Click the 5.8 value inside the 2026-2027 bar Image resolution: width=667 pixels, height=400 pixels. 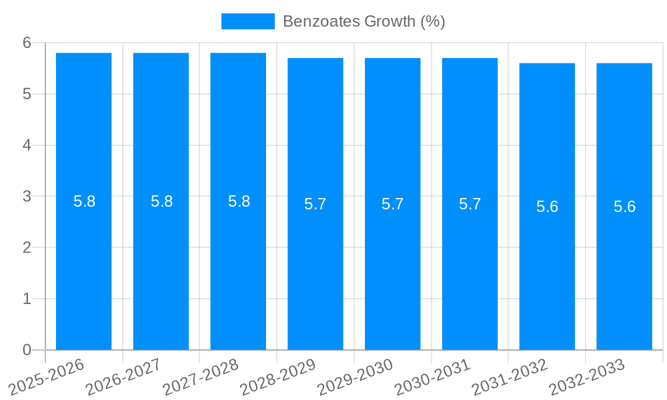click(x=161, y=201)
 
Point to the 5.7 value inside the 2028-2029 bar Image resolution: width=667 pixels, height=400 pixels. click(x=315, y=204)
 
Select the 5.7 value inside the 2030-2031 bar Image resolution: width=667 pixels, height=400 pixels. click(x=470, y=204)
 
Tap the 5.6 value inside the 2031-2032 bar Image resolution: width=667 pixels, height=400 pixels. click(x=547, y=207)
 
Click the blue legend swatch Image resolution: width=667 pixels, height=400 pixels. click(x=247, y=21)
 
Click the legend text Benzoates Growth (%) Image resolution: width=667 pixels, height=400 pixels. click(x=364, y=21)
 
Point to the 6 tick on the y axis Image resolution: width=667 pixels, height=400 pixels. click(x=27, y=43)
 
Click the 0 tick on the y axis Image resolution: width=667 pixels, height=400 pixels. click(x=27, y=350)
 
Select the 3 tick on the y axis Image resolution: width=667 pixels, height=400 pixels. click(x=27, y=197)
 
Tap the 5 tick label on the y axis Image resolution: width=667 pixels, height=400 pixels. click(x=27, y=94)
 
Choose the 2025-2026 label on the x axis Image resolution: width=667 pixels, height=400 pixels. click(x=48, y=377)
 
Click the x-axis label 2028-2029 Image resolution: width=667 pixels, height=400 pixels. click(x=279, y=377)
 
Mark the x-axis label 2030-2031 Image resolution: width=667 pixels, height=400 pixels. click(x=434, y=377)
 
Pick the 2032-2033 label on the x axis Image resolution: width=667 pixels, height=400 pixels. click(x=587, y=377)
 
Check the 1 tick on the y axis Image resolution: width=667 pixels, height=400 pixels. click(x=27, y=299)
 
